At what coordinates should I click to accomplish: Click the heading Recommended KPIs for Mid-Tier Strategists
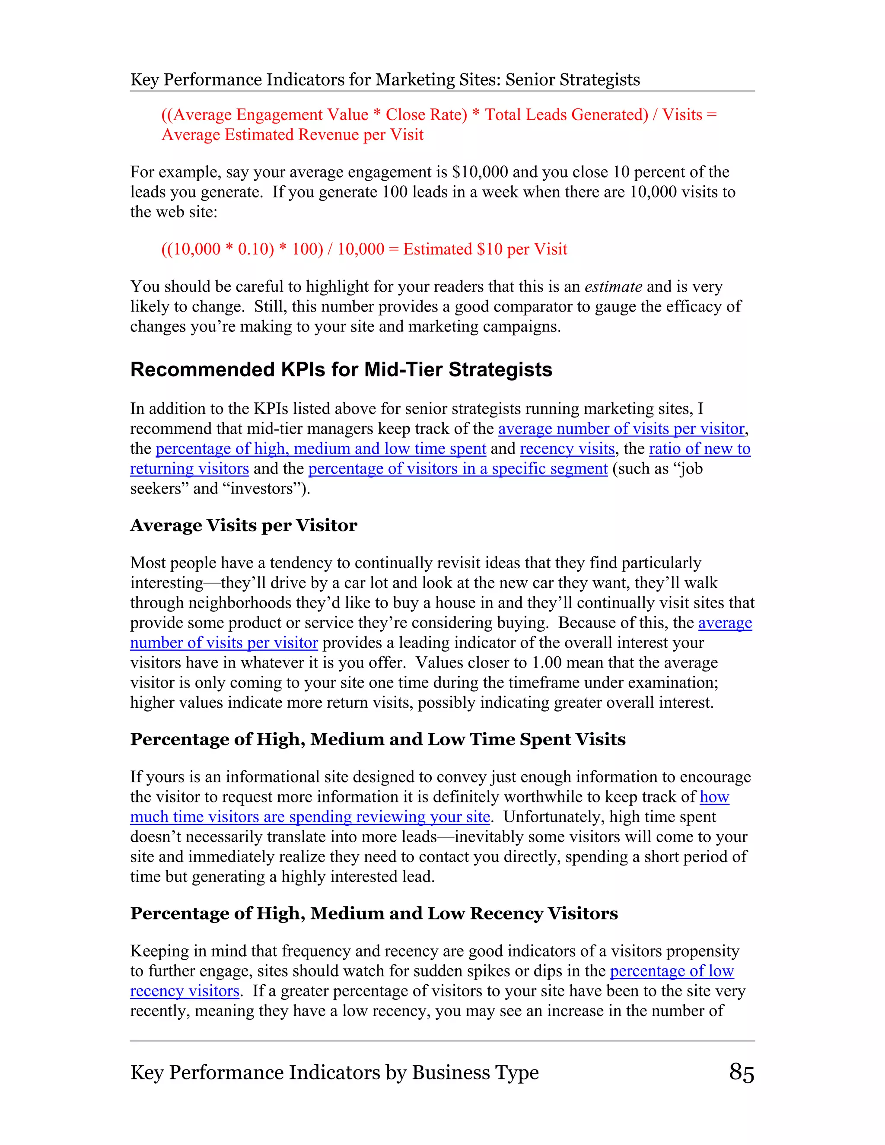coord(341,369)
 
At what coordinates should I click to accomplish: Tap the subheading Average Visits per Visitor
coord(243,525)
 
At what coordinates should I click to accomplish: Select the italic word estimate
coord(613,287)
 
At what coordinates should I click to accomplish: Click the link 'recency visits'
coord(567,449)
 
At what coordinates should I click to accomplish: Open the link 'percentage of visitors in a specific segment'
coord(458,469)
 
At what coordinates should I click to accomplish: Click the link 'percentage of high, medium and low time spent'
coord(320,449)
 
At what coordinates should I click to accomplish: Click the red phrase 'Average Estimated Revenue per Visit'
coord(292,135)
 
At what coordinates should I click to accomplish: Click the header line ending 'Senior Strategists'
coord(385,80)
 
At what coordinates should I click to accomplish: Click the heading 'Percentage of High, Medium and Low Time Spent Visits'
coord(378,739)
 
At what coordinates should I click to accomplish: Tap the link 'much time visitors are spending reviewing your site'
coord(310,817)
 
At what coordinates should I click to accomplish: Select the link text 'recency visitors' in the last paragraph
coord(185,991)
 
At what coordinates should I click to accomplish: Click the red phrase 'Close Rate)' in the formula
coord(426,115)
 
